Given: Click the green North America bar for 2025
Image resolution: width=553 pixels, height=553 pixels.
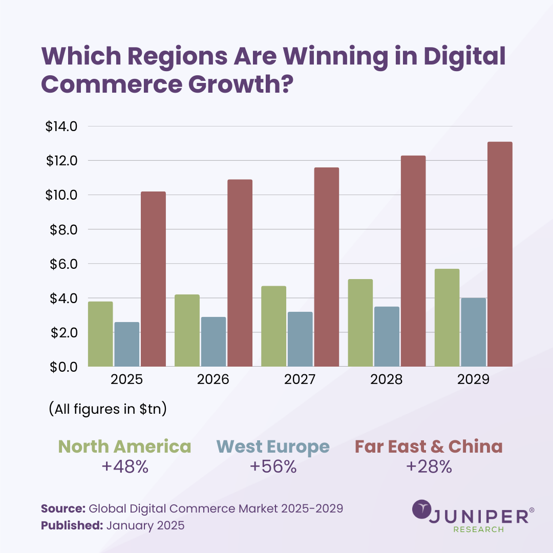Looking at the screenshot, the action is point(100,334).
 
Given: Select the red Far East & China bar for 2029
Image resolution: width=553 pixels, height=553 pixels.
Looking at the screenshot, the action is point(500,254).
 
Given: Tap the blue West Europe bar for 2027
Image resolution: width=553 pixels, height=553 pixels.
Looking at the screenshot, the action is point(300,339).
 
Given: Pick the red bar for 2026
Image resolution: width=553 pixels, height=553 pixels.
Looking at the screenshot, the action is point(240,273).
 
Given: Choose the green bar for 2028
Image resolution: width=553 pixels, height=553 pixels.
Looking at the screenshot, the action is point(360,323).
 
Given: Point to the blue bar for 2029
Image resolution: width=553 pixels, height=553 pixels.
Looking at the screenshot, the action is point(473,332).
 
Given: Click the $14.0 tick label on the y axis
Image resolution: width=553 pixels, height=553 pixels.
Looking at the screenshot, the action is point(61,126).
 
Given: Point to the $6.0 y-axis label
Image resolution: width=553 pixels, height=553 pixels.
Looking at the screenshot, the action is point(63,264).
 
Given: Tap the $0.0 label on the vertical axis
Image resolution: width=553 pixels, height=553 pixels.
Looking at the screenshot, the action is point(63,367).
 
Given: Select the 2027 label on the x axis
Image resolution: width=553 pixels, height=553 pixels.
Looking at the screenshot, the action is point(300,379).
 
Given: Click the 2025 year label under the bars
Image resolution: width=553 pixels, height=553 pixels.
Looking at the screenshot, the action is point(126,379).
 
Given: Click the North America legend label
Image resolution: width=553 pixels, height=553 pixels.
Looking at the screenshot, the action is point(124,446).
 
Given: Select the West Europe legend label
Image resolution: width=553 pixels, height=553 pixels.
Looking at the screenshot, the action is point(273,447).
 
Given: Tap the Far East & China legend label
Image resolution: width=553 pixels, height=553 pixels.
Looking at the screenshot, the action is point(429,446).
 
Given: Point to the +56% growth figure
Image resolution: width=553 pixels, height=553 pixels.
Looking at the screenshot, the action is point(273,466).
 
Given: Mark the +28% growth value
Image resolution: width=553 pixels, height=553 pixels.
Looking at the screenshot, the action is point(429,466).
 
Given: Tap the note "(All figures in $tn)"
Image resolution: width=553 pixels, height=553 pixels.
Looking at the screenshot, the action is point(108,409).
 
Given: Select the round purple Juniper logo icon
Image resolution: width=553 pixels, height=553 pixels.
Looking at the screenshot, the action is point(422,509).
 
